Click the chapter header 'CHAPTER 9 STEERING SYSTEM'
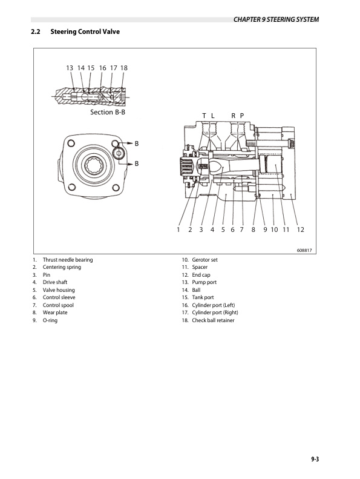[275, 20]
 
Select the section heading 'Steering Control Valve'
[85, 31]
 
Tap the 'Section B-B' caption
[108, 112]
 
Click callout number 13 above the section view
[70, 68]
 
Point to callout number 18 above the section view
[123, 68]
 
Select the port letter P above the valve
[241, 116]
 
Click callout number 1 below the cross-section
[178, 230]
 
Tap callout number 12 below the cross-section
[300, 230]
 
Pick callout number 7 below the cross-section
[241, 230]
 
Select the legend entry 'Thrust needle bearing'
[67, 260]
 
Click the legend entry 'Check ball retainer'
[213, 320]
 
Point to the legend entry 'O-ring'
[50, 320]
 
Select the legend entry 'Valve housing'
[59, 290]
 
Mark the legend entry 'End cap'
[201, 275]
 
